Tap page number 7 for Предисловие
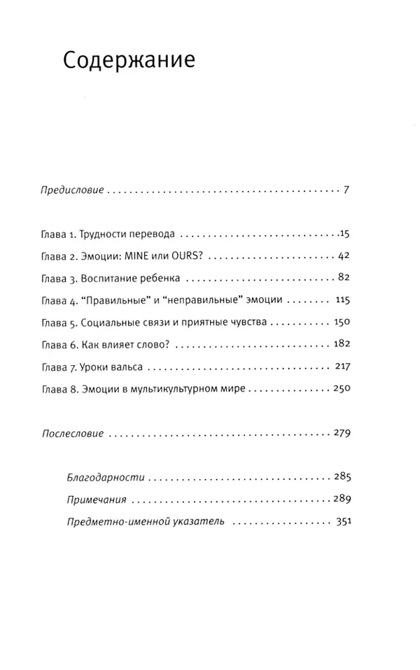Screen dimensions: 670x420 tap(346, 190)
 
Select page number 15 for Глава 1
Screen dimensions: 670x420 tap(343, 233)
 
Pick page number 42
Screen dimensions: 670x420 tap(343, 256)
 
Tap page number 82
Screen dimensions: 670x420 tap(343, 278)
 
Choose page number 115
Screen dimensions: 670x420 tap(342, 300)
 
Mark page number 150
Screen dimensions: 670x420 tap(341, 322)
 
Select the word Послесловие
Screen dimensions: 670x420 tap(72, 434)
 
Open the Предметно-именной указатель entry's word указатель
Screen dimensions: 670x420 tap(194, 522)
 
